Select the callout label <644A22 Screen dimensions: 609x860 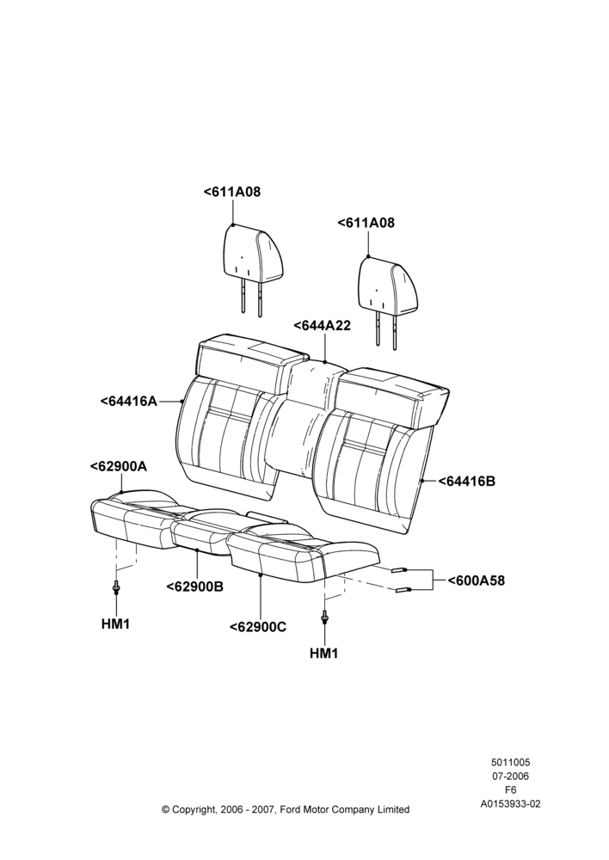[322, 325]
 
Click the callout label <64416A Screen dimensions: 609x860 [128, 401]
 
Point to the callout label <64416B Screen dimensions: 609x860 [467, 481]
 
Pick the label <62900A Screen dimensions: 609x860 [119, 466]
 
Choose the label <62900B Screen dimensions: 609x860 [194, 587]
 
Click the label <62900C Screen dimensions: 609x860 [258, 627]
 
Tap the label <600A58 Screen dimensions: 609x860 [477, 580]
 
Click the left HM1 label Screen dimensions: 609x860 [115, 623]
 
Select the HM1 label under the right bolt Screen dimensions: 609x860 [323, 654]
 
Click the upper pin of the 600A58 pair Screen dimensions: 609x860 [399, 570]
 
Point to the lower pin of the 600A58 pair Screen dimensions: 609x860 [403, 590]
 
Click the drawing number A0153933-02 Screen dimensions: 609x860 [510, 804]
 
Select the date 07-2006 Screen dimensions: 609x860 [510, 776]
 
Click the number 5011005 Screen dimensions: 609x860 [510, 762]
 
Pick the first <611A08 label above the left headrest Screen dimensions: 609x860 [231, 192]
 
